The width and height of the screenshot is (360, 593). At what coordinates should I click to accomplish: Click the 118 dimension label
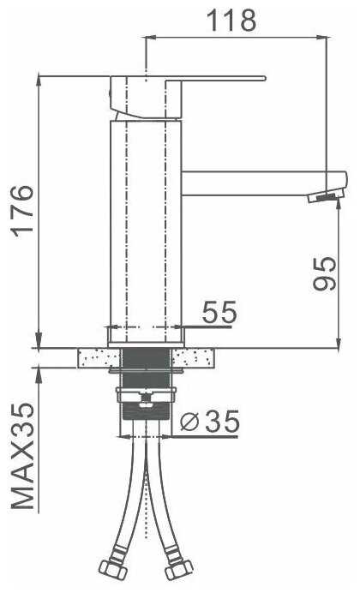(232, 21)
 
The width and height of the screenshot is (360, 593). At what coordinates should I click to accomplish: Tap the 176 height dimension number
(22, 211)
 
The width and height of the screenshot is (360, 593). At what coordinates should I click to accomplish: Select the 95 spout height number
(325, 273)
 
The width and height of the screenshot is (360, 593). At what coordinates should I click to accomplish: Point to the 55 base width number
(219, 312)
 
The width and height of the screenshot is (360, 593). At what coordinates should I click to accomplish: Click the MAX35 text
(22, 455)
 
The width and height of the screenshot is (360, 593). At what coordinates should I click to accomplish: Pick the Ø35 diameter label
(210, 421)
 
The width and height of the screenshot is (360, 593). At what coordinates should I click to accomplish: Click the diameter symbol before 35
(189, 422)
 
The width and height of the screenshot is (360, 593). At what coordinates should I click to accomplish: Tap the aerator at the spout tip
(326, 196)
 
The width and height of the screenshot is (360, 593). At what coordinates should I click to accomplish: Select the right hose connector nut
(179, 568)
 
